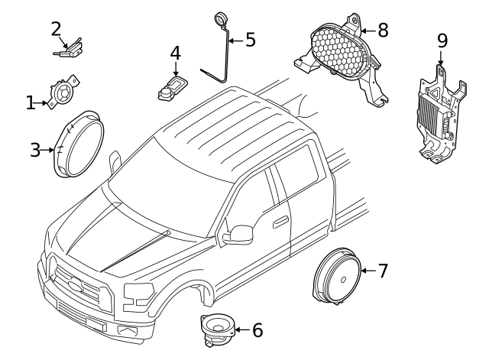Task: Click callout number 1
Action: [31, 102]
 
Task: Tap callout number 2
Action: [56, 29]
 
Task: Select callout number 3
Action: [35, 150]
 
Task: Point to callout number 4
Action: [175, 54]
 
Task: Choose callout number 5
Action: [250, 40]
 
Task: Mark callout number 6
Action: [257, 330]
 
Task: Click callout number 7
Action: [383, 271]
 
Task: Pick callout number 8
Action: [383, 30]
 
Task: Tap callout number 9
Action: [442, 40]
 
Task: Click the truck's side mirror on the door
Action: [238, 232]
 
